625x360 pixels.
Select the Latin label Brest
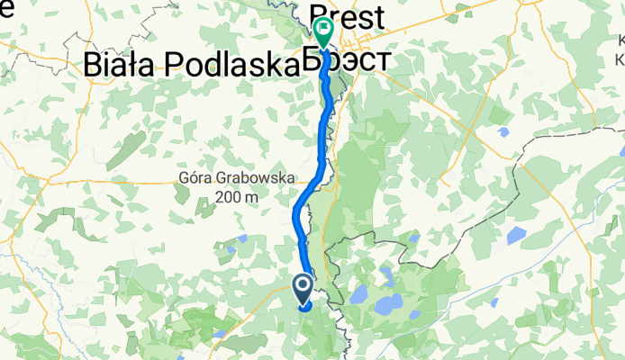[x=346, y=18]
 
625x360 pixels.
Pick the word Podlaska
[x=239, y=64]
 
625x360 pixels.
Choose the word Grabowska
[x=257, y=179]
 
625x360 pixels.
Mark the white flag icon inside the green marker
[x=322, y=27]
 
